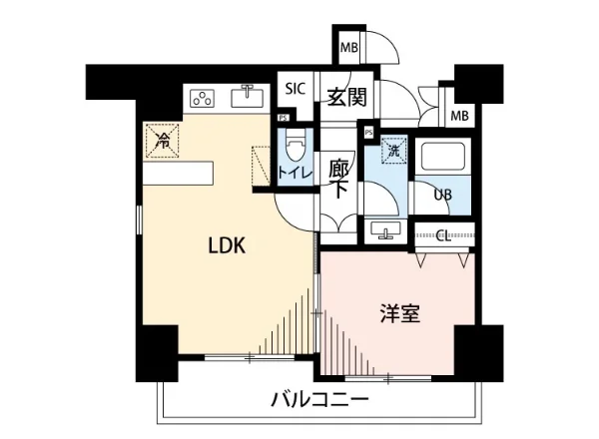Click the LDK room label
click(226, 245)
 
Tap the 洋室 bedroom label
click(399, 313)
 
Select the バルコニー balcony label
click(319, 400)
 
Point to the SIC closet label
click(295, 88)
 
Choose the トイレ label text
click(295, 173)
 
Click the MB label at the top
click(349, 48)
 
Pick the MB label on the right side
click(459, 116)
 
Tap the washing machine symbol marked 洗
click(393, 152)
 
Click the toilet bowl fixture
click(295, 149)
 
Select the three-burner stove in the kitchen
click(203, 98)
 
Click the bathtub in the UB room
click(441, 157)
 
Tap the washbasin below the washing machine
click(385, 231)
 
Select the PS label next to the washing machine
click(368, 132)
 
